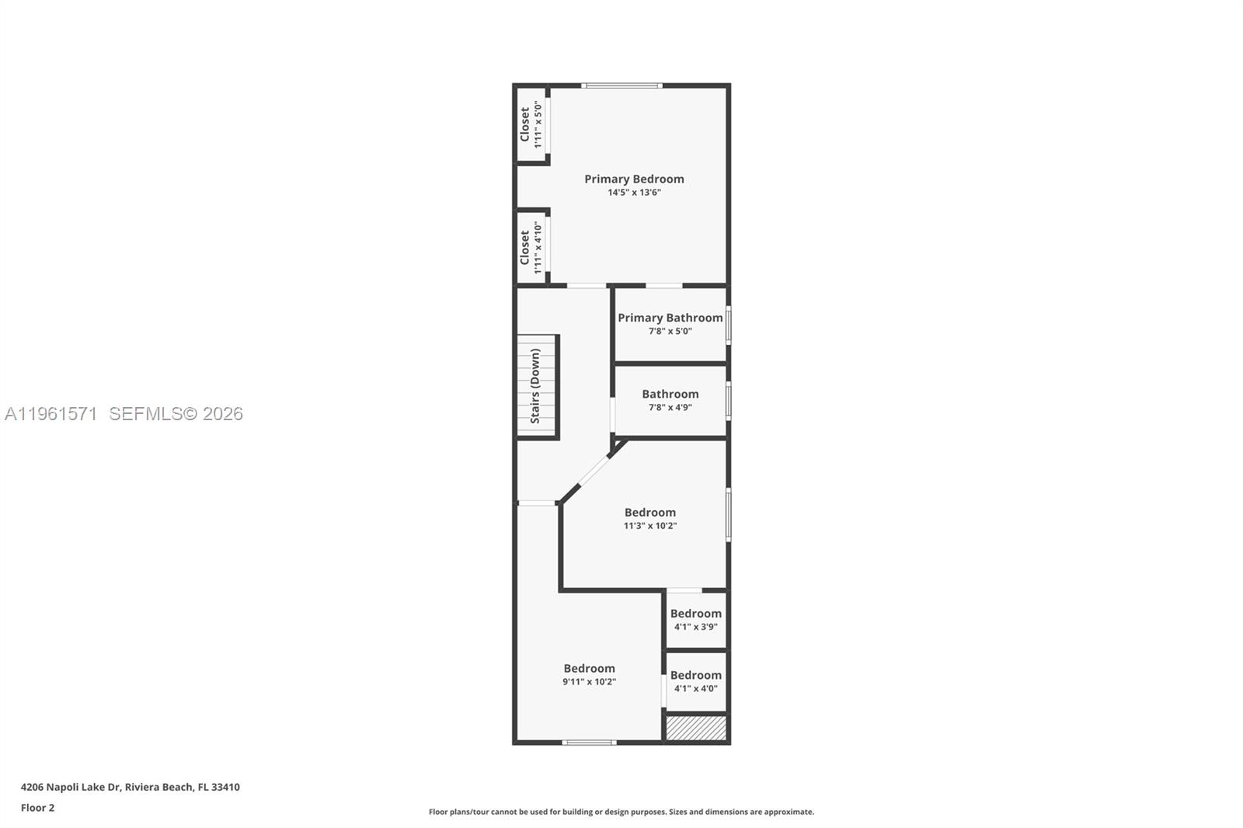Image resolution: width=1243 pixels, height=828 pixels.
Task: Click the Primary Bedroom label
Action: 634,179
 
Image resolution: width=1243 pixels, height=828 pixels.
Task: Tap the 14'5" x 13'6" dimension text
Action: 634,193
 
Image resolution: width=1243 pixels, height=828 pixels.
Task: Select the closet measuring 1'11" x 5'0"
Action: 531,124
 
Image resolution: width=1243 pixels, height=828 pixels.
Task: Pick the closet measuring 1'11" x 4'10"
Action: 531,247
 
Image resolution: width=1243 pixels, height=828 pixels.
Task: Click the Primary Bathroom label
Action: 670,318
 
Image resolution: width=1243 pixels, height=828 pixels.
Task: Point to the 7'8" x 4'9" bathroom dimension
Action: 670,408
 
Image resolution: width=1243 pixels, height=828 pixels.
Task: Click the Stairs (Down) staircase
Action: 537,386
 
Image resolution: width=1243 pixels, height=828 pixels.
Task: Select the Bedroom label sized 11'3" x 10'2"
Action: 649,513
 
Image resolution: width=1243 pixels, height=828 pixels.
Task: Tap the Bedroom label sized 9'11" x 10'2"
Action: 589,669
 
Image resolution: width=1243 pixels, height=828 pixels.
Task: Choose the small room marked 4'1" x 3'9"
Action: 695,620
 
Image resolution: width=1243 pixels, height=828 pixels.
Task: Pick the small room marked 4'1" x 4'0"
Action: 695,681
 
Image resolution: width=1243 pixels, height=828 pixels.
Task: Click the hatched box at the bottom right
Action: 696,728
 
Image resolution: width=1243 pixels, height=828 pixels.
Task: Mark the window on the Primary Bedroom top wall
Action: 621,85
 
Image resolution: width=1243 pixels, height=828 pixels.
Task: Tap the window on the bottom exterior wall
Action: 589,743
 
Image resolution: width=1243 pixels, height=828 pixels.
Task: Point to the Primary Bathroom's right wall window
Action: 728,325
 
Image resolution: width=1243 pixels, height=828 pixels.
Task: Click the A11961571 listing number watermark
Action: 50,414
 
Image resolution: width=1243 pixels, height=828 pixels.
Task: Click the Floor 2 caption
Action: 37,808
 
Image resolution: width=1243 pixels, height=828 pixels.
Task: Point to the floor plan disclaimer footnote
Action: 621,812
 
